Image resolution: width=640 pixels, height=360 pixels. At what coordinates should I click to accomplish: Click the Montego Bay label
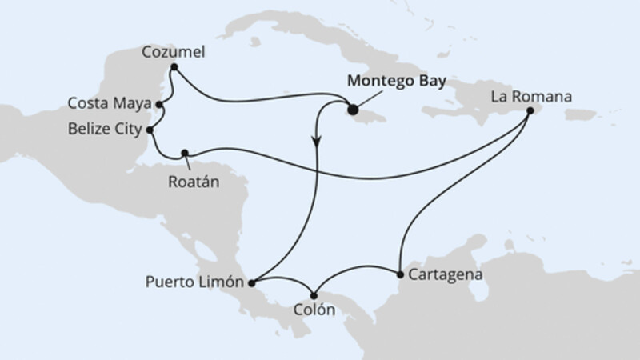(396, 82)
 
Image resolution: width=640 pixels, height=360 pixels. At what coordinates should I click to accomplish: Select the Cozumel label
(174, 53)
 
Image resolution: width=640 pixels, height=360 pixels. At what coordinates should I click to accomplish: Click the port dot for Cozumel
(174, 67)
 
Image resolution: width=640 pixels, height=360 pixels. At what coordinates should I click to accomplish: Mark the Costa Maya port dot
(160, 104)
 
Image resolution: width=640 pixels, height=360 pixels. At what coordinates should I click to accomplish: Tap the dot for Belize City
(150, 128)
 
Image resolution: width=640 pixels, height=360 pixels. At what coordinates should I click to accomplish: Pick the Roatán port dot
(185, 152)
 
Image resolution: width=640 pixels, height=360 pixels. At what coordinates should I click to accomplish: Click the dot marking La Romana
(530, 113)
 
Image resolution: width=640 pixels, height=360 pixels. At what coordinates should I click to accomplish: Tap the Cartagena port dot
(399, 274)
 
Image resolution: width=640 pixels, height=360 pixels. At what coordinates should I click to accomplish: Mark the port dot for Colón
(315, 294)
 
